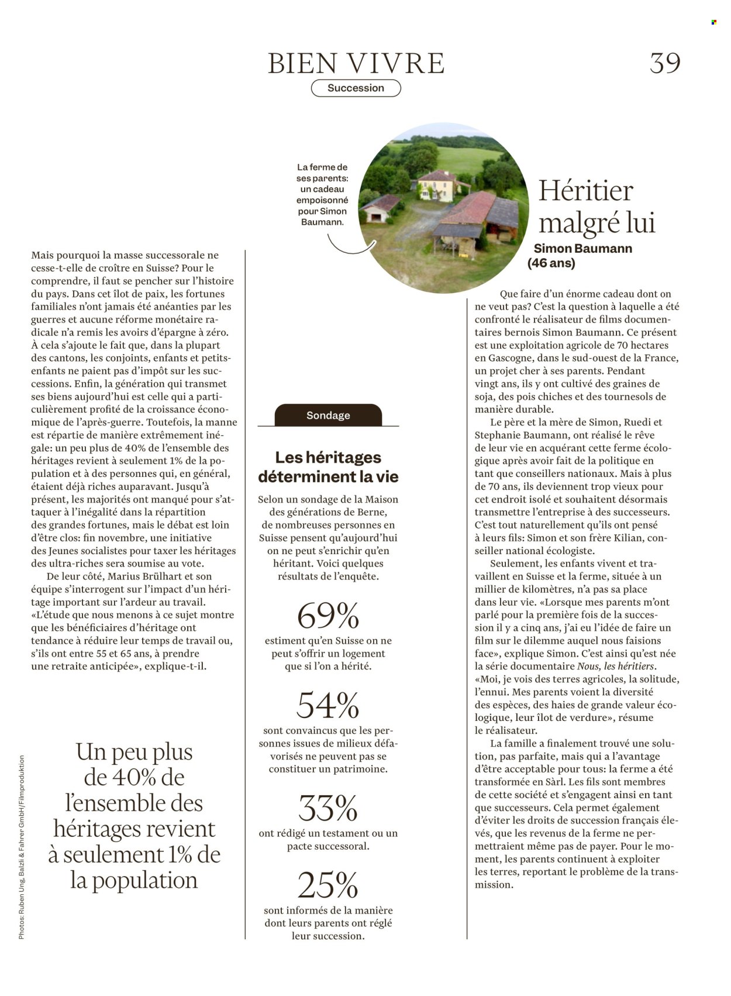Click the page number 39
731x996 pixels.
pos(665,63)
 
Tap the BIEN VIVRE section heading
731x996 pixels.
pos(356,63)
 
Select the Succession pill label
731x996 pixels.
pos(356,88)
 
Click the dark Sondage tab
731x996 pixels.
pos(328,415)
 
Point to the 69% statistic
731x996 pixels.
pos(328,615)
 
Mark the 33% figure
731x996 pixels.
pos(328,808)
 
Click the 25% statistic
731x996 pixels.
pos(328,885)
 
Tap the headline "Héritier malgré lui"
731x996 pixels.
pos(596,206)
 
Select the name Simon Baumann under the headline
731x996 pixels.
pos(582,248)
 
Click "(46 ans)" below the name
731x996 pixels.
pos(551,263)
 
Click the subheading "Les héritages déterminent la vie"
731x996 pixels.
pos(328,466)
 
